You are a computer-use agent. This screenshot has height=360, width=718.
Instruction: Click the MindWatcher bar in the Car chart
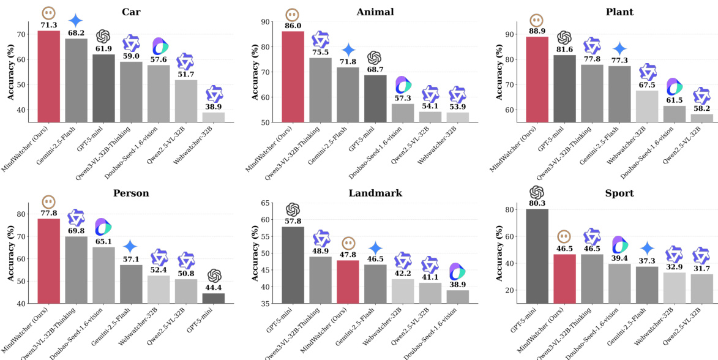pos(49,76)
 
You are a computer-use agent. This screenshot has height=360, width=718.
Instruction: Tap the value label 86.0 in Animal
pos(293,26)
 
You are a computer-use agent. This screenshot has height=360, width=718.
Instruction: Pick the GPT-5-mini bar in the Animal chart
pos(375,99)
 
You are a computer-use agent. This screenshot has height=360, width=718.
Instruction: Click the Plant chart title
pos(618,12)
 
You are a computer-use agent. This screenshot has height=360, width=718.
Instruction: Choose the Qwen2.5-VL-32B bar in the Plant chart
pos(701,118)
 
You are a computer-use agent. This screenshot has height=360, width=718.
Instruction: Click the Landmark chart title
pos(375,192)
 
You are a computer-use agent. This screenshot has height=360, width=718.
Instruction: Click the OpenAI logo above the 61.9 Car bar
pos(103,36)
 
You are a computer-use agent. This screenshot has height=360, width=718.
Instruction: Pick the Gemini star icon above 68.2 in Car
pos(76,20)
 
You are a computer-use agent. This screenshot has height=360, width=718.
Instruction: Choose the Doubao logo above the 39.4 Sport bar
pos(619,244)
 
